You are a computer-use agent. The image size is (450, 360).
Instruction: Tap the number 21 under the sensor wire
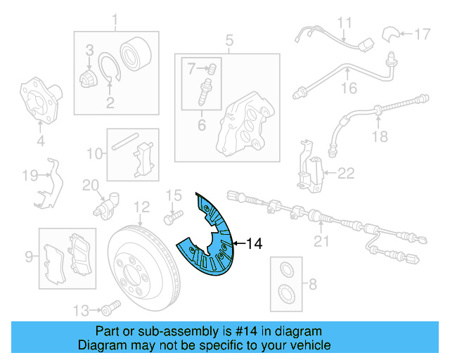[321, 242]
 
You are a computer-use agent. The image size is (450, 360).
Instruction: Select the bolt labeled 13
[108, 307]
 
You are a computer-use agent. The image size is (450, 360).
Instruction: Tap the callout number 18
[380, 137]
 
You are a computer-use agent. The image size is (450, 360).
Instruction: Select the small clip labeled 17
[390, 33]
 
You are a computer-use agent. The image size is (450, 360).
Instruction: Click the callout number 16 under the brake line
[349, 88]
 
